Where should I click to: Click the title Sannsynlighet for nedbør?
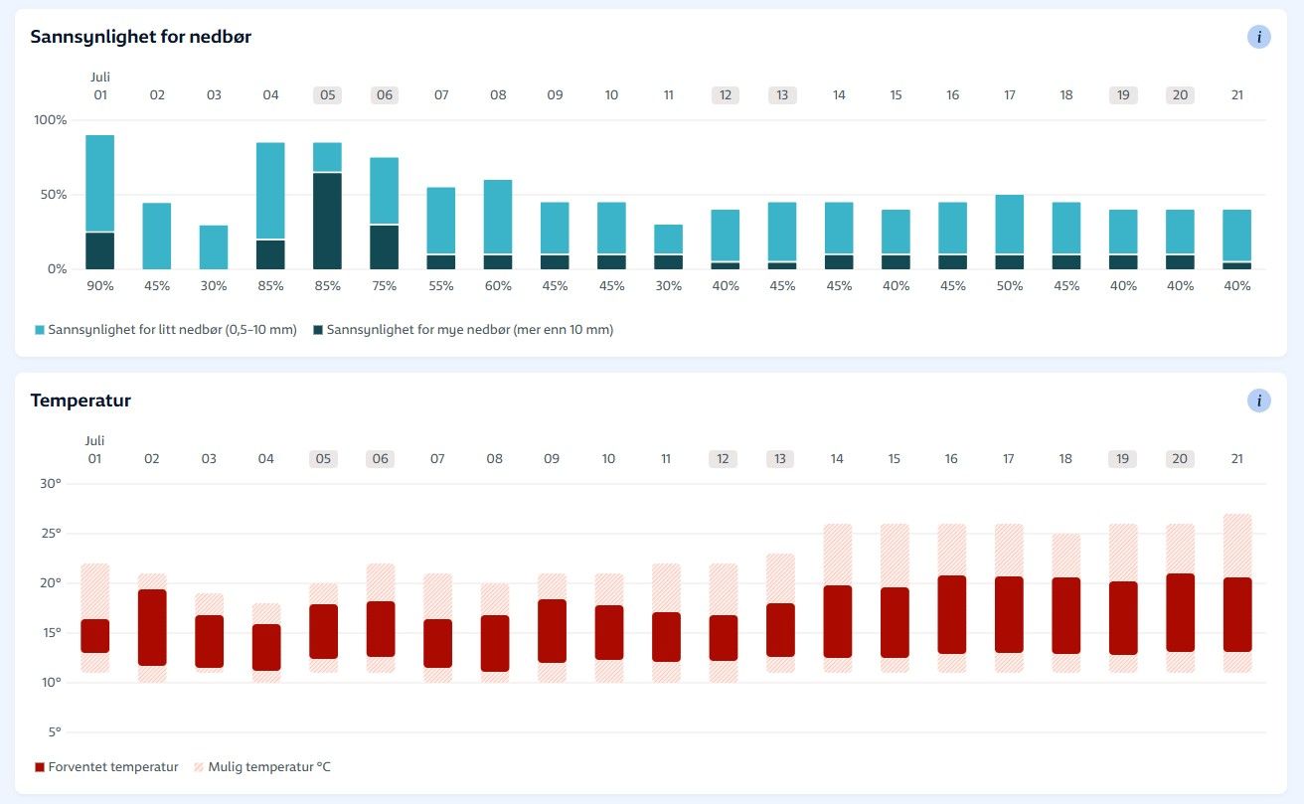tap(140, 37)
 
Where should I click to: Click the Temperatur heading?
tap(81, 401)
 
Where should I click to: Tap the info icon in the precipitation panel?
tap(1258, 37)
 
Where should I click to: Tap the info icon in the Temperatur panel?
tap(1258, 401)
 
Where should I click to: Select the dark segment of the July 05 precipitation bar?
tap(327, 221)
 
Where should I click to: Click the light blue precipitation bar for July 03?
tap(214, 247)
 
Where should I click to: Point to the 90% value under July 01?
tap(100, 285)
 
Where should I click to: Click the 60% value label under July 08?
tap(498, 285)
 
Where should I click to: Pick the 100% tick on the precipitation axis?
tap(50, 120)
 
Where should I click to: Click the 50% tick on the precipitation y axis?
tap(53, 195)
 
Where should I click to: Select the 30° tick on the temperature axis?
tap(50, 484)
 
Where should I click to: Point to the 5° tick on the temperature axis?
tap(54, 732)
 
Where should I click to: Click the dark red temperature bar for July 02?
tap(152, 627)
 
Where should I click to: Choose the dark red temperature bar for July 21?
tap(1237, 614)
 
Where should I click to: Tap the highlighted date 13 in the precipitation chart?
tap(782, 95)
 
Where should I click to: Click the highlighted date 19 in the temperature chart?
tap(1123, 459)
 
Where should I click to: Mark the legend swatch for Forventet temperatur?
tap(40, 767)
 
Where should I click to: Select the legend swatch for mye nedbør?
tap(318, 330)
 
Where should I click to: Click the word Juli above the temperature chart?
tap(95, 440)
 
